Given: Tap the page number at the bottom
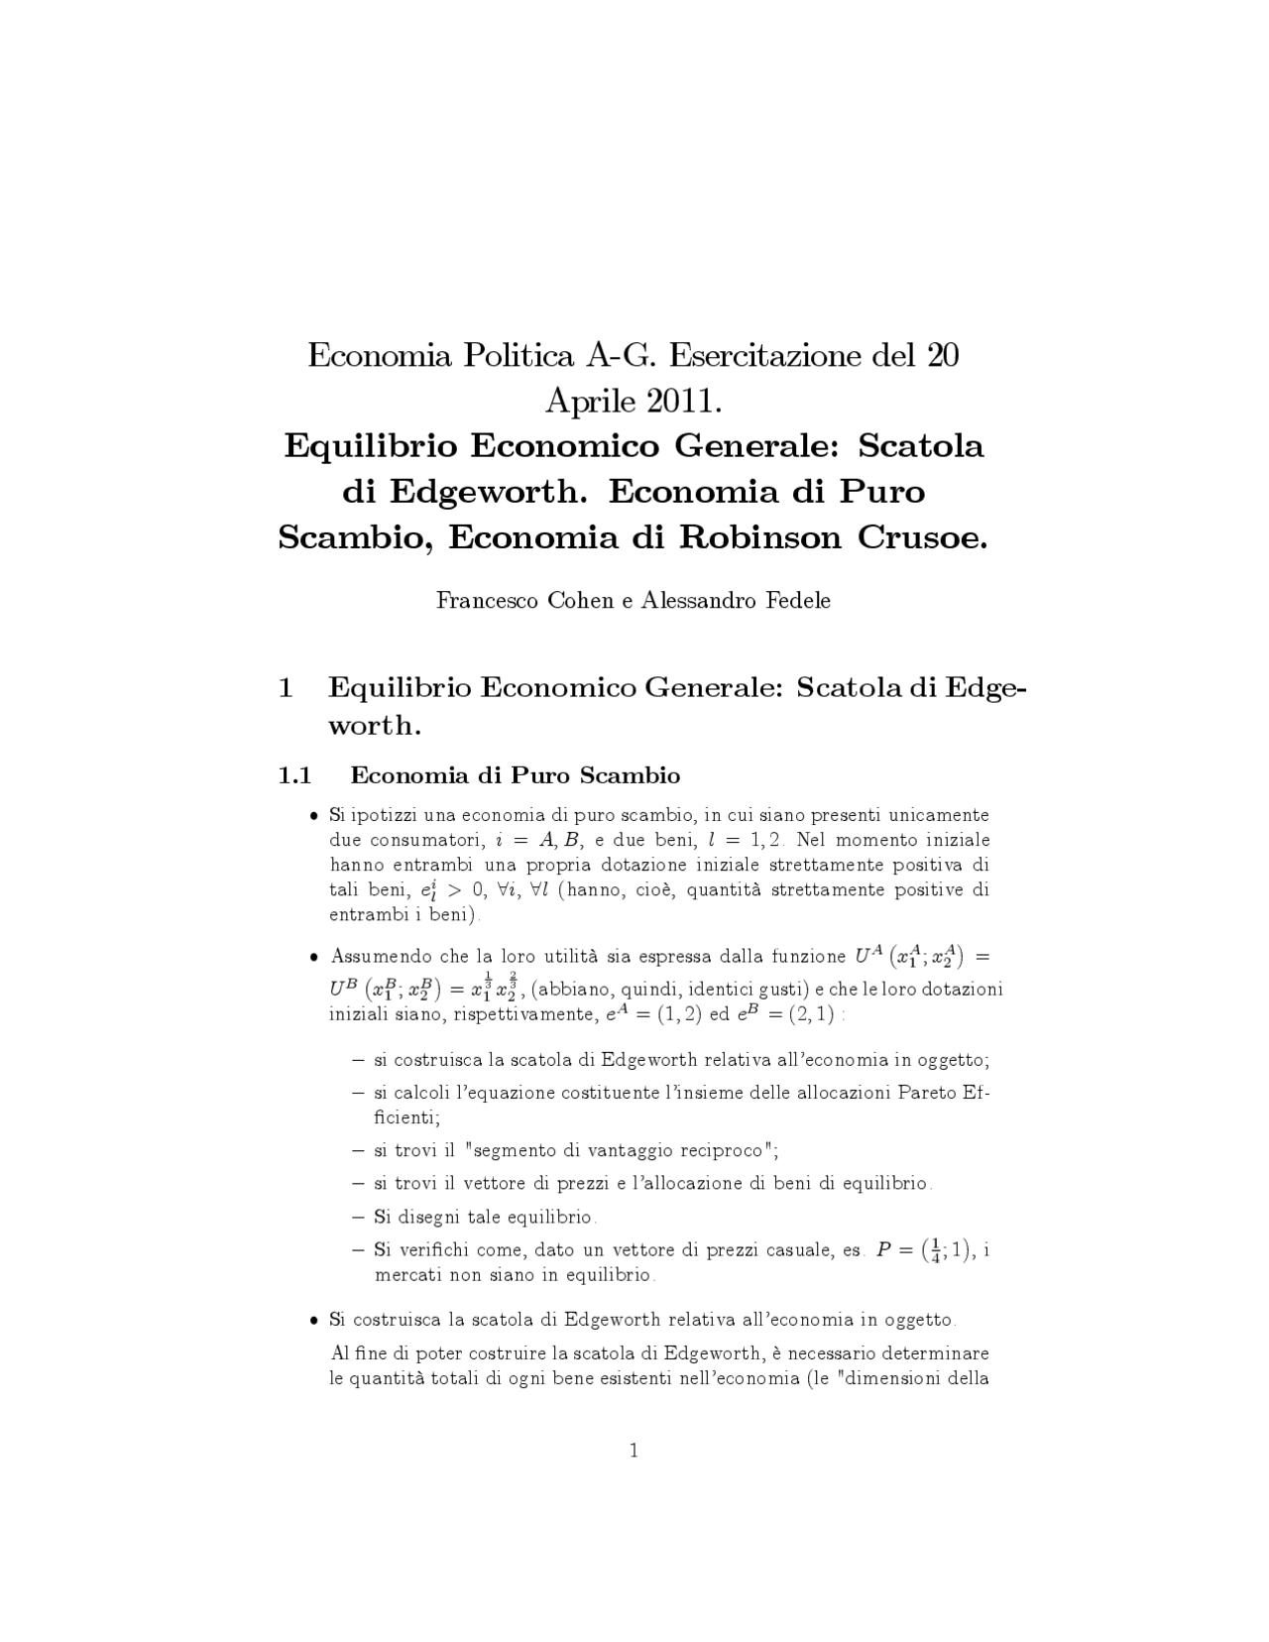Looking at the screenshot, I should pos(634,1451).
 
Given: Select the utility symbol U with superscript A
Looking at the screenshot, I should pos(865,956).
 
